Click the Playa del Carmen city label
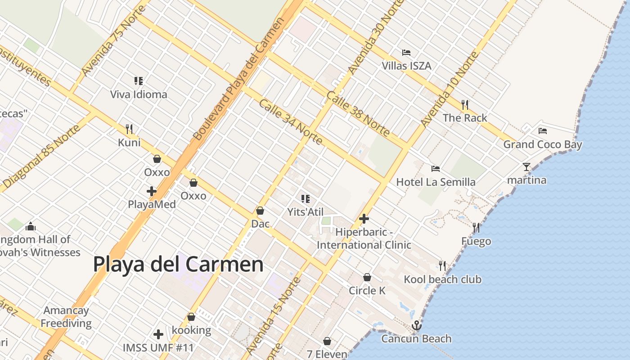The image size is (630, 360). point(178,264)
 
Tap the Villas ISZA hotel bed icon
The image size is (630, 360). point(406,53)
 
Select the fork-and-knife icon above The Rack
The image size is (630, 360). point(465,105)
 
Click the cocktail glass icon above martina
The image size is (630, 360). point(526,167)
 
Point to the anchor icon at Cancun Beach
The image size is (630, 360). point(417,325)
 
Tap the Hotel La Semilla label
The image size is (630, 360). point(436,182)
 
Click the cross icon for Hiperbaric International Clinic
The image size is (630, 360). point(364,219)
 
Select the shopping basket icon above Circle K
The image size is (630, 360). point(367,277)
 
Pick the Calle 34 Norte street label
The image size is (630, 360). point(291,122)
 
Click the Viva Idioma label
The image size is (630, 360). point(139,94)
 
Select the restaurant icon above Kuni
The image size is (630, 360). point(129,129)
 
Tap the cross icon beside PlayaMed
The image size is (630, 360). point(152,191)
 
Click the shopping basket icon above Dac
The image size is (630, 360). point(260,211)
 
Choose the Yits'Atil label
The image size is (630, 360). point(306,211)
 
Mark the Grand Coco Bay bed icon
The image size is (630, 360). point(543,131)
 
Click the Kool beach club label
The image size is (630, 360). point(442,279)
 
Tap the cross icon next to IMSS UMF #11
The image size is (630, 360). point(158,334)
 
